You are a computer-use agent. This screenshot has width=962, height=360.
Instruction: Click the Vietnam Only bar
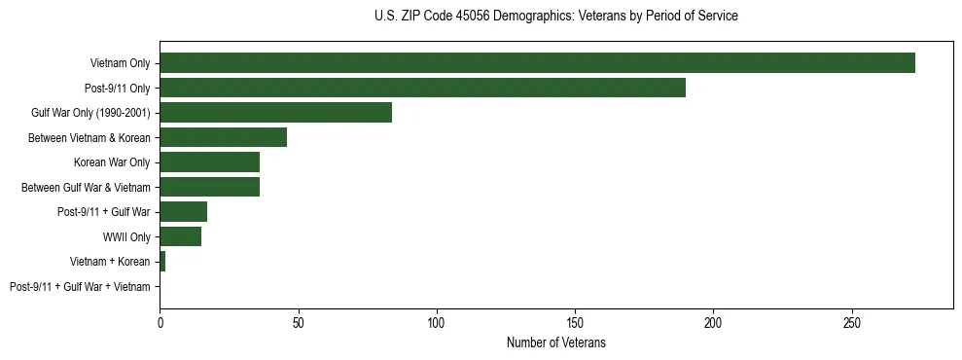[x=537, y=63]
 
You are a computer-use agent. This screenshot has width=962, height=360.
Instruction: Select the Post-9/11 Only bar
[x=422, y=88]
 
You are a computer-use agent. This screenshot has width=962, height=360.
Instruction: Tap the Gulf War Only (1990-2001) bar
[x=275, y=113]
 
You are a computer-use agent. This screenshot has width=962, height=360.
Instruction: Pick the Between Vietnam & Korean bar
[x=223, y=137]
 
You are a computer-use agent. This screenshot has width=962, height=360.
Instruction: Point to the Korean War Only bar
[x=209, y=162]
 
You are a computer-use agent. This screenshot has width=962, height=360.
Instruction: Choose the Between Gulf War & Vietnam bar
[x=209, y=187]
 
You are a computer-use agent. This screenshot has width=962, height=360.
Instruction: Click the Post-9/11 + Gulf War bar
[x=183, y=212]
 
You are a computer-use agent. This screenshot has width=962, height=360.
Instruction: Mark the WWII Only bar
[x=180, y=236]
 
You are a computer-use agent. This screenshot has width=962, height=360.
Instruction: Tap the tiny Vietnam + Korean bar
[x=162, y=262]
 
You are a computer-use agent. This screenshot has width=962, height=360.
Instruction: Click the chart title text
[x=555, y=17]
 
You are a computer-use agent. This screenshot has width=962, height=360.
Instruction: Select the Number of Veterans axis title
[x=555, y=342]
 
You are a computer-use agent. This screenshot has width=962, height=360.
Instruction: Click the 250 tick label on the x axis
[x=852, y=322]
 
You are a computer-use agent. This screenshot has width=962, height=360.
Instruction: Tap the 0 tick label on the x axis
[x=160, y=322]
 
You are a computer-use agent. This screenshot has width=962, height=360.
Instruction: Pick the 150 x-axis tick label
[x=575, y=322]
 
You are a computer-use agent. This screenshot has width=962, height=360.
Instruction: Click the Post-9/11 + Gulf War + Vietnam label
[x=80, y=287]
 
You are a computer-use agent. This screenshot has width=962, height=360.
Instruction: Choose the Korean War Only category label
[x=112, y=162]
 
